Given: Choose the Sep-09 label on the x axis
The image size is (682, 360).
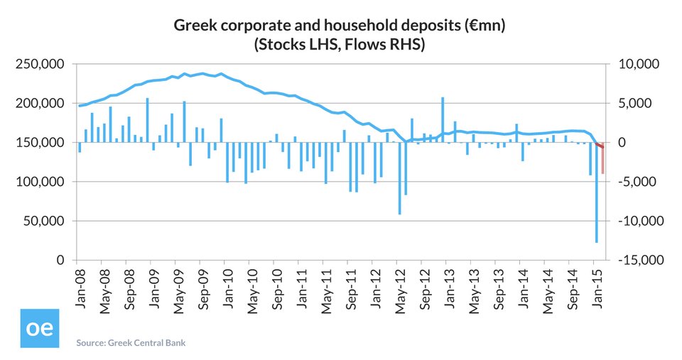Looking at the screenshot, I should [x=202, y=282].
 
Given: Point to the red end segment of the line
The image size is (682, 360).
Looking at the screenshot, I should [x=600, y=145].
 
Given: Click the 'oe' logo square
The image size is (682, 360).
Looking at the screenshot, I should [x=39, y=329].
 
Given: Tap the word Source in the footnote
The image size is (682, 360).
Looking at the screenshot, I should [x=90, y=343].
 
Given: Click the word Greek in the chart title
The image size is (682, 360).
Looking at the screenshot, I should [x=192, y=26].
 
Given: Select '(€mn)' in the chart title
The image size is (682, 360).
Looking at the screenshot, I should [x=485, y=26].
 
